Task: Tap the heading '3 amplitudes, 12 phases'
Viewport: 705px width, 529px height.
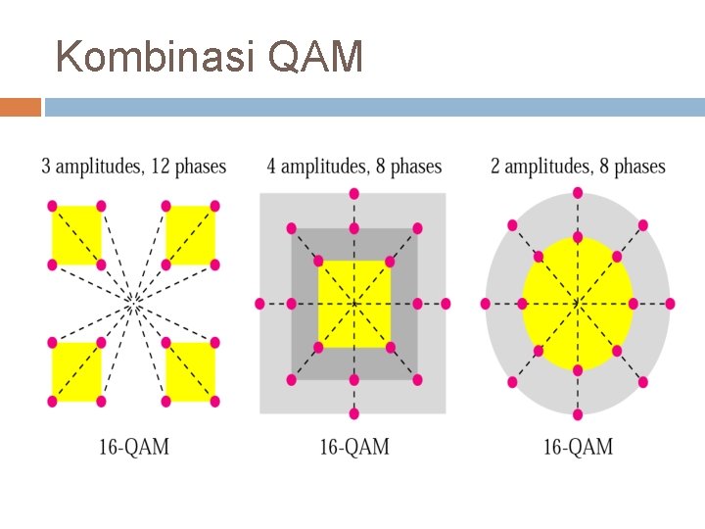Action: click(133, 167)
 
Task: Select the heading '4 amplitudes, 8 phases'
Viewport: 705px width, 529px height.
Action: click(353, 167)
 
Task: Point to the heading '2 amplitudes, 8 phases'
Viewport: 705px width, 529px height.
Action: click(578, 167)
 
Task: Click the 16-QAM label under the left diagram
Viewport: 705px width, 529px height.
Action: click(133, 448)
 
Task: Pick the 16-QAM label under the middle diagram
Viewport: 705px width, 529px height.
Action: click(353, 448)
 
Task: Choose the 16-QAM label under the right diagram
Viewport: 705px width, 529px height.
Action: click(578, 448)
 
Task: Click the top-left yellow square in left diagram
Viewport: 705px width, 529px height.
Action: click(76, 235)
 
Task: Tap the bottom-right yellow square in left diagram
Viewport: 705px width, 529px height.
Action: click(190, 371)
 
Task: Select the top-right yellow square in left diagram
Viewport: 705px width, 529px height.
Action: click(190, 235)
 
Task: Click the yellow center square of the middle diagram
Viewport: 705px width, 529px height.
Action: click(353, 304)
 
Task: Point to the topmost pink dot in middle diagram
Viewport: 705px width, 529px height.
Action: click(353, 193)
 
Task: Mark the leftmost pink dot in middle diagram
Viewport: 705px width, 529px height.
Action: click(259, 304)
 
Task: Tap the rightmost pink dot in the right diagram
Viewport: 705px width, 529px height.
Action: click(670, 304)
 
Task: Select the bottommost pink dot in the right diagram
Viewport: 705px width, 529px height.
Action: click(578, 414)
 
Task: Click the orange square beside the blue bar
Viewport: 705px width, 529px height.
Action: click(21, 107)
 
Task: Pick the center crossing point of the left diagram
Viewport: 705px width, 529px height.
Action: click(133, 304)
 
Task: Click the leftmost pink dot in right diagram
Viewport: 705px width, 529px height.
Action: click(485, 304)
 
